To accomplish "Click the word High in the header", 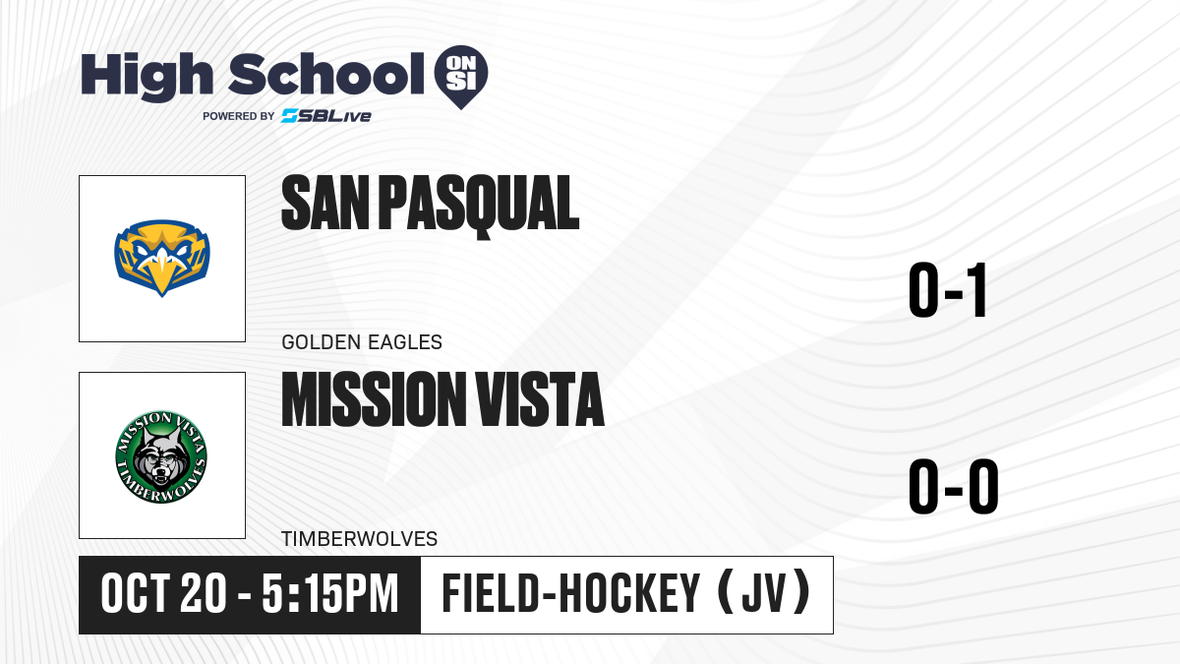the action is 147,77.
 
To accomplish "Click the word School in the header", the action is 326,74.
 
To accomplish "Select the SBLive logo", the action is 326,116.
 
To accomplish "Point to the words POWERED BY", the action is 239,116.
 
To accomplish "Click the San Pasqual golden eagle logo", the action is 162,258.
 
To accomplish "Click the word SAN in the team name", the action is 325,203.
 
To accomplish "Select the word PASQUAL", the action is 479,207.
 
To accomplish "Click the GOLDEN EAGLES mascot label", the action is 362,342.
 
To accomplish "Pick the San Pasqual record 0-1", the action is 948,290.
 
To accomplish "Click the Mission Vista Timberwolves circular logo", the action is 161,456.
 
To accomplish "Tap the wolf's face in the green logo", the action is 160,458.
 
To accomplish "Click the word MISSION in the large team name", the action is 374,399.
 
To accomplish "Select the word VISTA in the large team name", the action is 540,399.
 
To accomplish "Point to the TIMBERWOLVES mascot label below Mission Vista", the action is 359,539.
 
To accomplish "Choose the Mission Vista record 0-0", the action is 954,486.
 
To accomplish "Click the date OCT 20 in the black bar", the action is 164,594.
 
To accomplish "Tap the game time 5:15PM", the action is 330,594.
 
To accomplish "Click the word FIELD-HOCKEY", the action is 571,593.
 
